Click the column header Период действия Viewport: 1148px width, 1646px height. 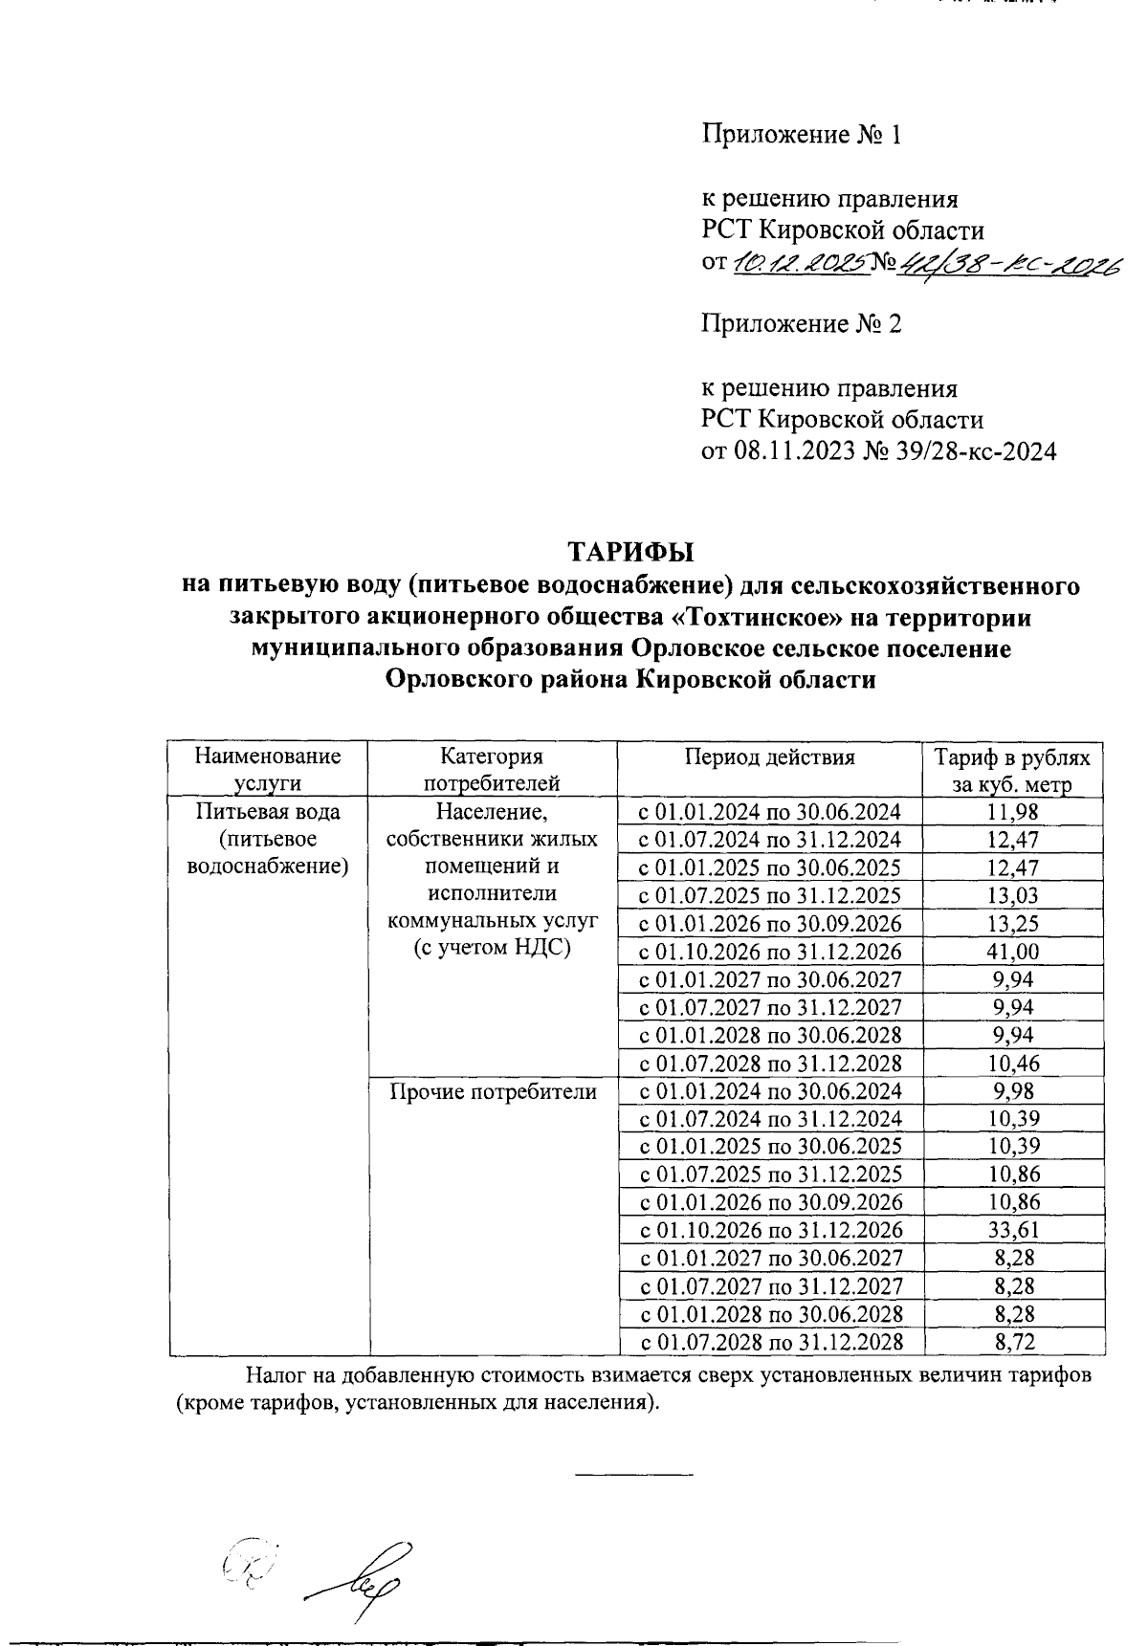769,757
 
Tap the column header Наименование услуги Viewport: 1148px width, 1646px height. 268,770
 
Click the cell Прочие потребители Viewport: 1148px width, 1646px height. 492,1091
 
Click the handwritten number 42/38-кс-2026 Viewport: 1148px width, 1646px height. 1004,264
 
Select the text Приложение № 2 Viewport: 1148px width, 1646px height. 802,324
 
